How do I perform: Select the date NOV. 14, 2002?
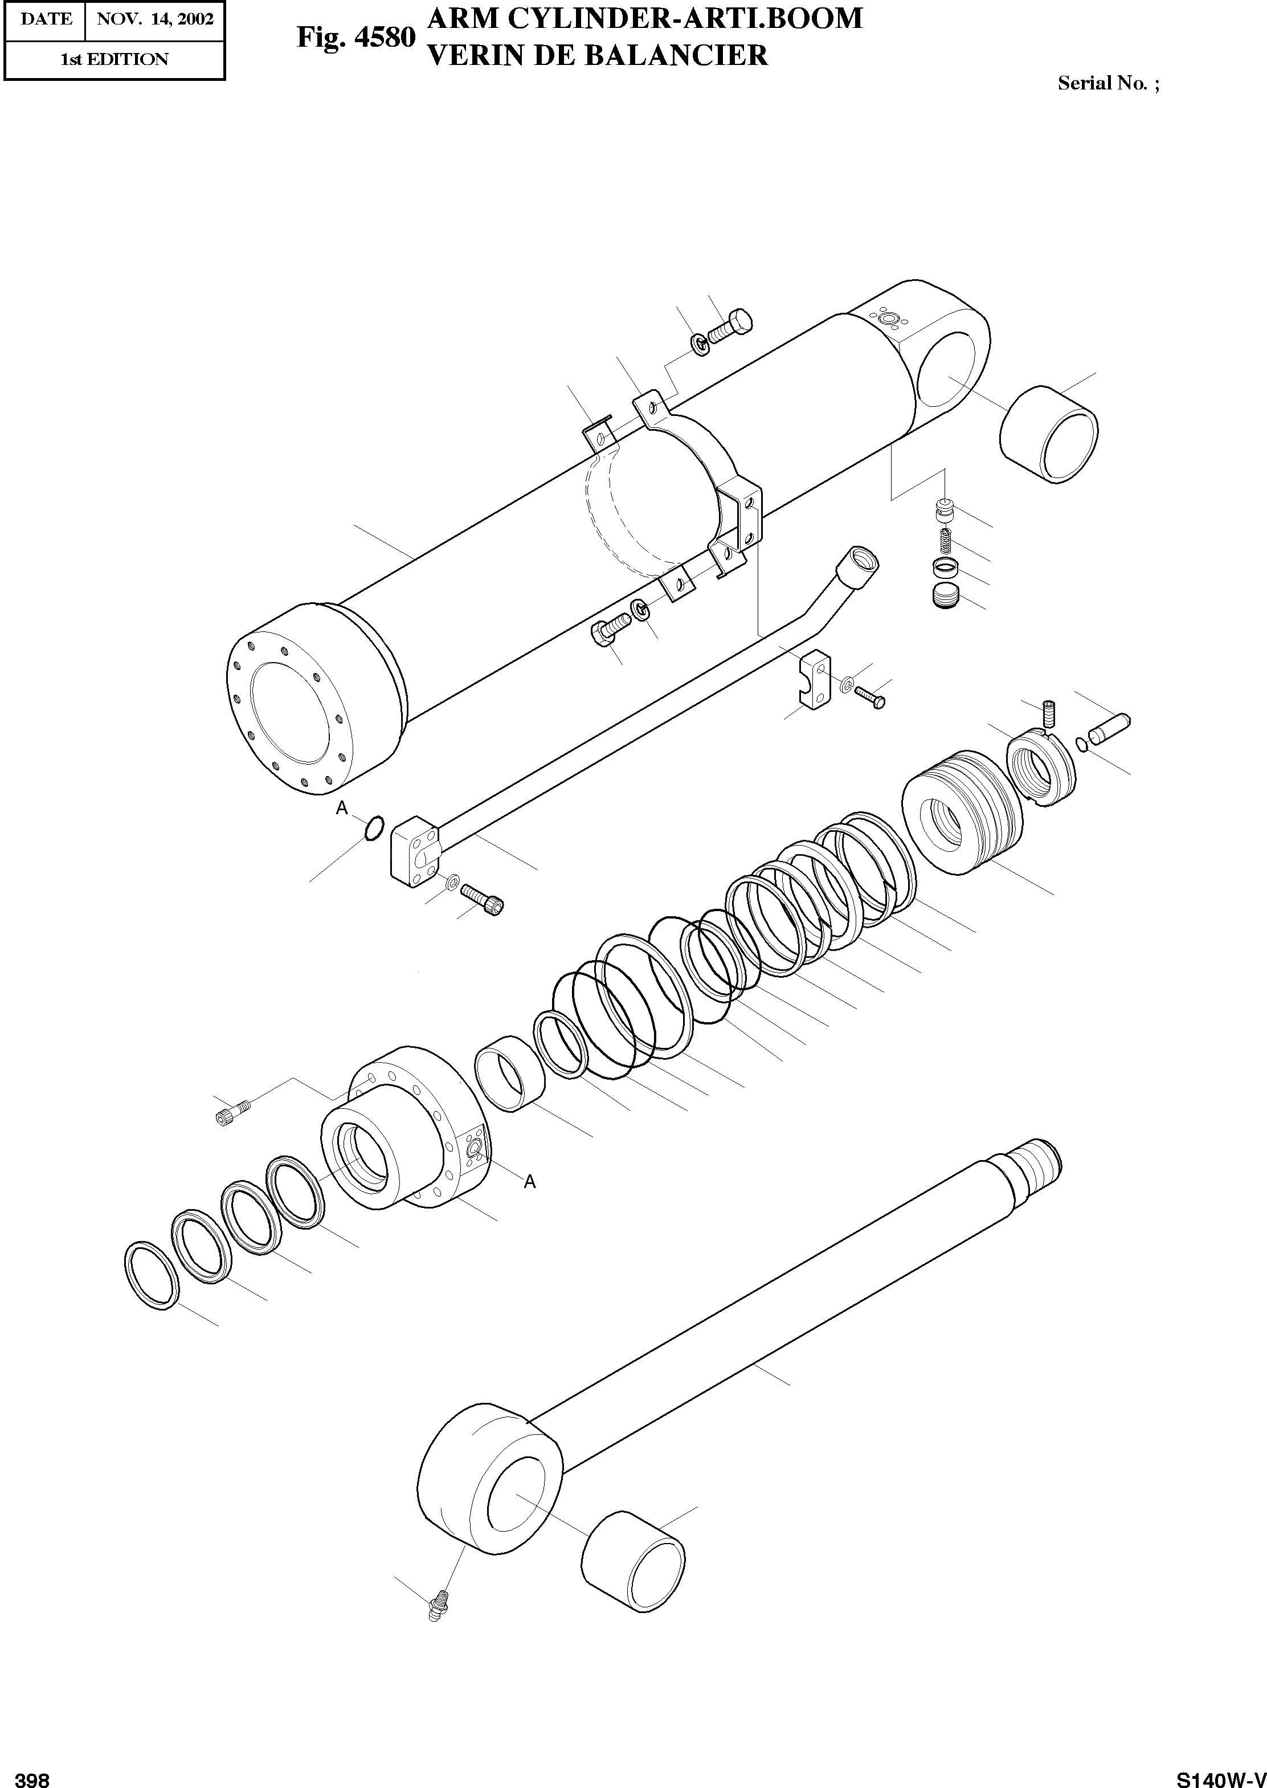154,19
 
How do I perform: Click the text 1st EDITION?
114,60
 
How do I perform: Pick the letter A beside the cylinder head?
530,1182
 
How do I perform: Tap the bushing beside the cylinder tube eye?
1049,434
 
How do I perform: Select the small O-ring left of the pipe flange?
374,828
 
